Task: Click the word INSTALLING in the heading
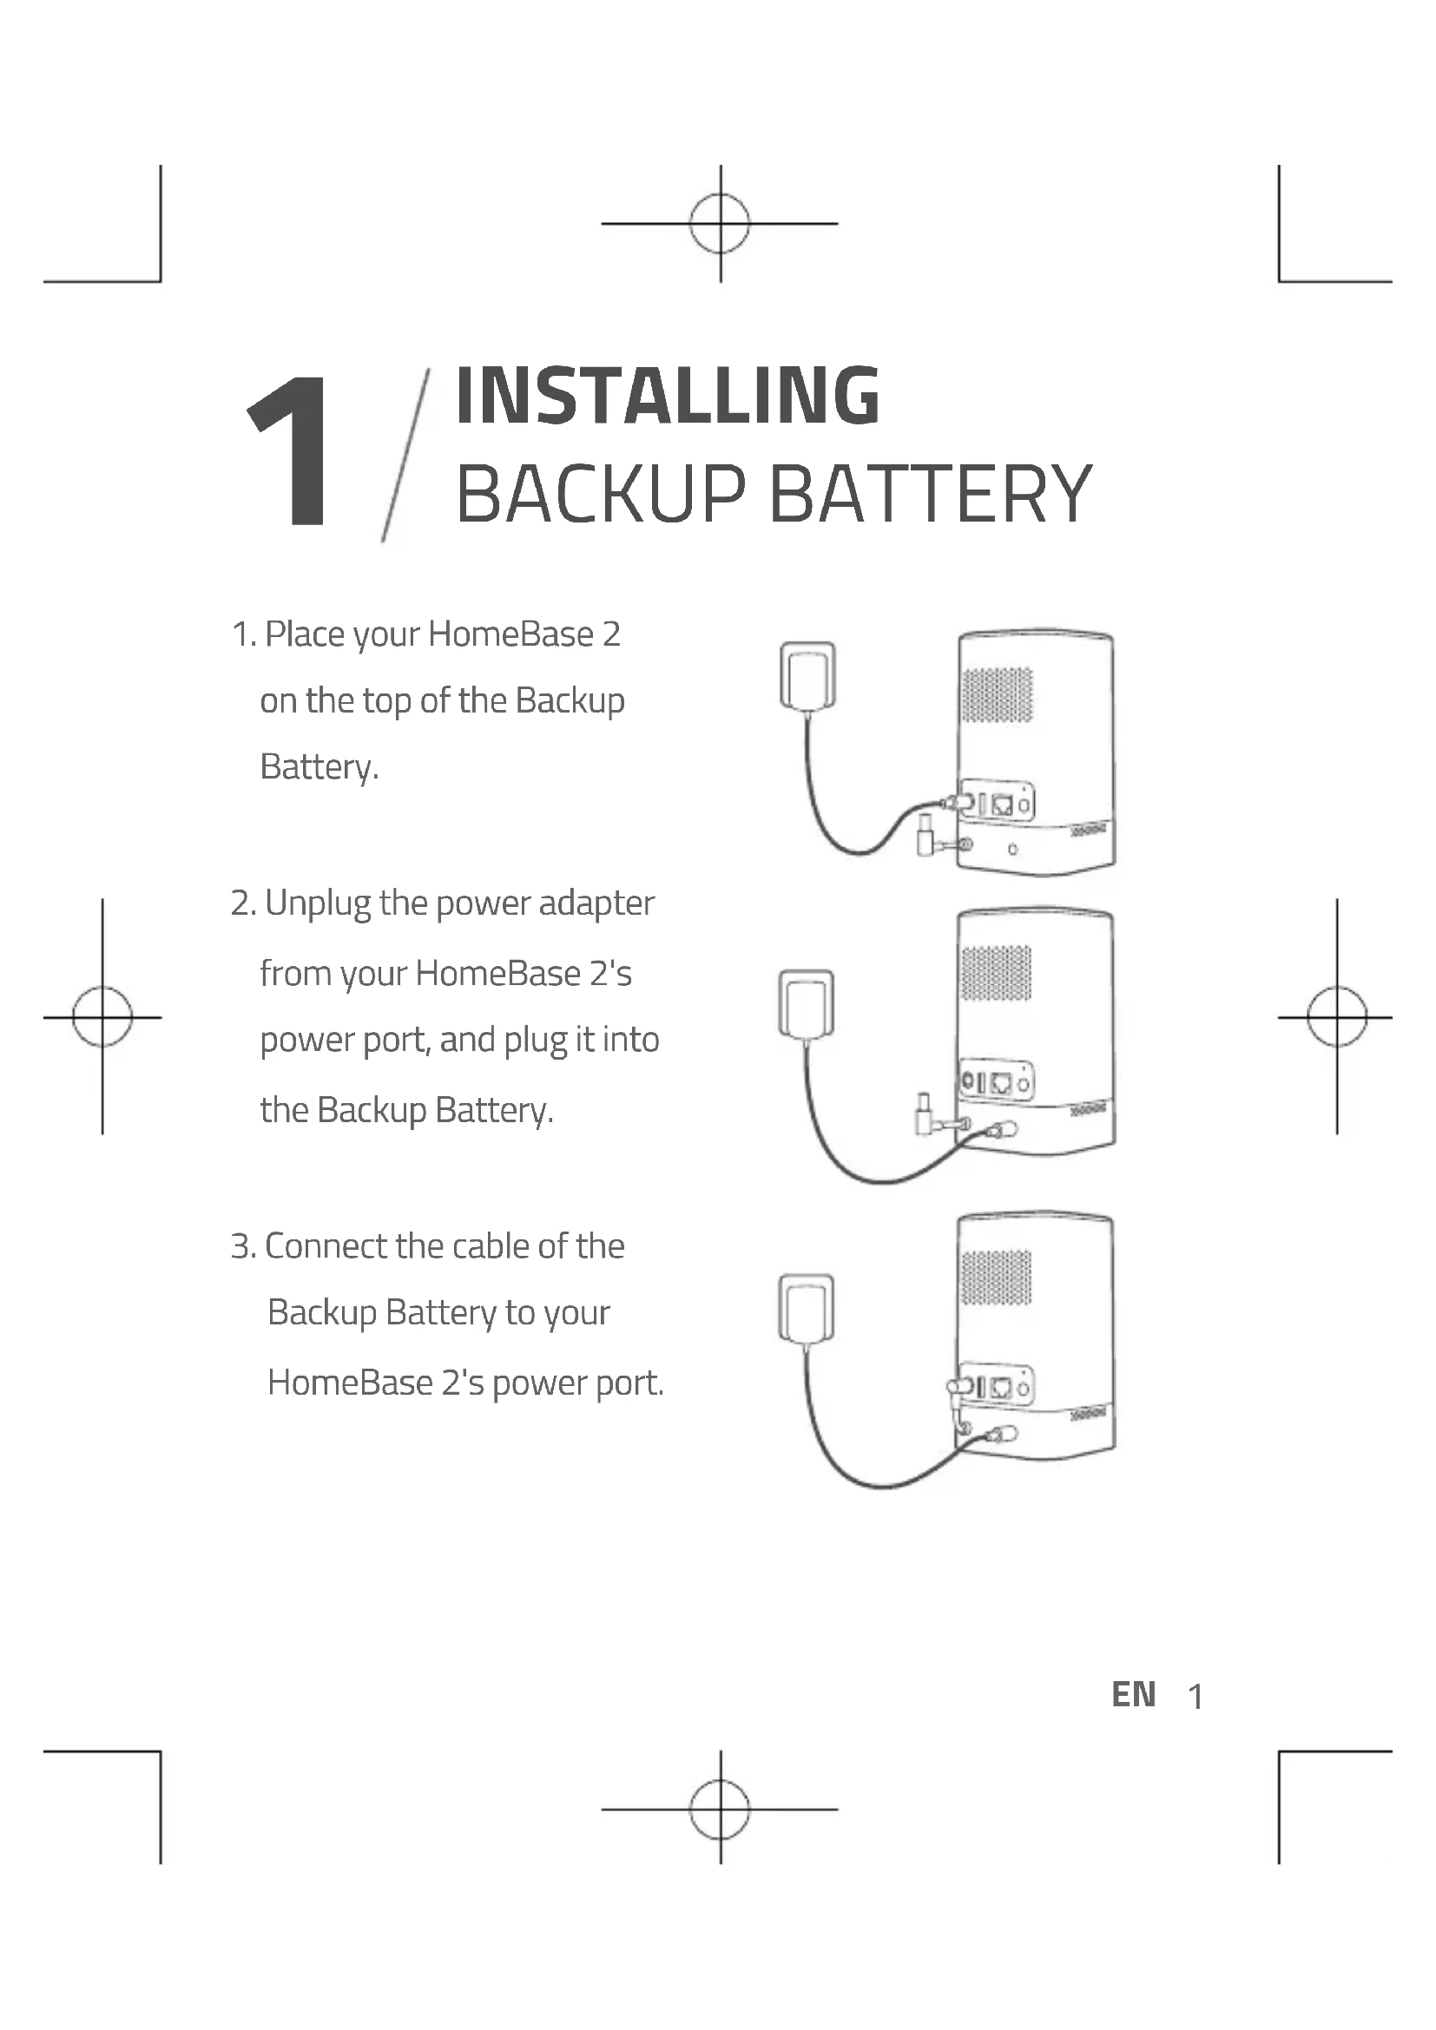668,395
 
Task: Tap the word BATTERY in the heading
931,494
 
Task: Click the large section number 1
291,451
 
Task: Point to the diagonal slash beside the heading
405,455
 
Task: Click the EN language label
1134,1695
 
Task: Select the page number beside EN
1196,1697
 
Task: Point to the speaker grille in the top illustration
997,694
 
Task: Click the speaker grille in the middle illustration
996,973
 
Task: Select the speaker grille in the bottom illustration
996,1277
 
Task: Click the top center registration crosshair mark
720,224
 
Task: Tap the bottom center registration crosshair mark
720,1809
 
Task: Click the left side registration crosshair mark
102,1017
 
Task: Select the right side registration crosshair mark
1337,1017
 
